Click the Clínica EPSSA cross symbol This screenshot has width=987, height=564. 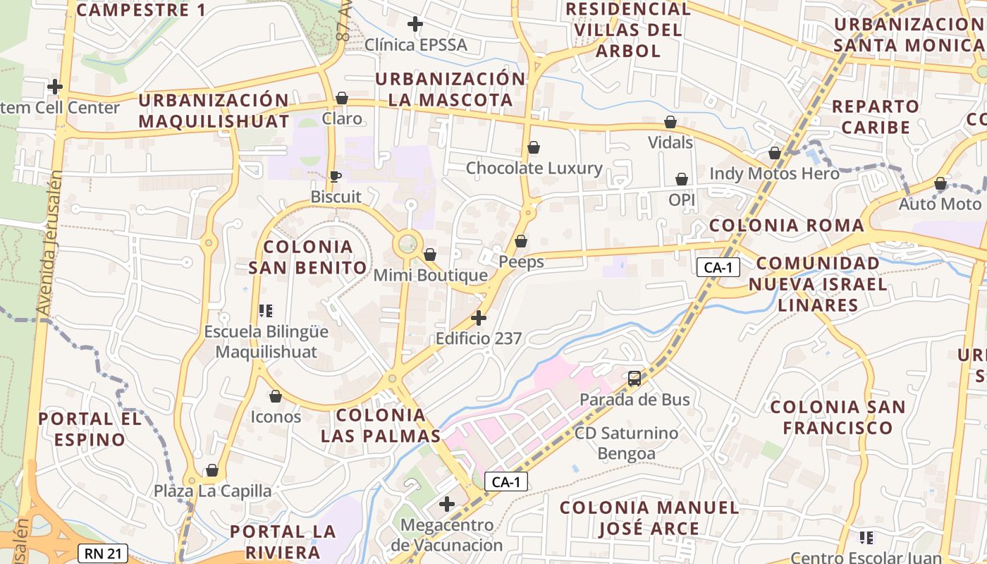415,25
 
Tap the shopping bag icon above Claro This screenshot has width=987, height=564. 342,98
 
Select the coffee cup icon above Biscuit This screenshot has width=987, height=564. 336,176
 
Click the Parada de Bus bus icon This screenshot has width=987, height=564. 634,379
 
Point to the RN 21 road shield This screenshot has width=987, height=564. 104,553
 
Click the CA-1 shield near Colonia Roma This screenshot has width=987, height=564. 718,267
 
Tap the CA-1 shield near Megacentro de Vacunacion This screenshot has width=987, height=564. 506,482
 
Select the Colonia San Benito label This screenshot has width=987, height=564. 308,257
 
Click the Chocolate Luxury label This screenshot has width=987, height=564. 534,168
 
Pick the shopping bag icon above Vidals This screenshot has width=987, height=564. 670,123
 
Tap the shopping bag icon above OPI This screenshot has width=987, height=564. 682,180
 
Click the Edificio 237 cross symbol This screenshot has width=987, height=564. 479,318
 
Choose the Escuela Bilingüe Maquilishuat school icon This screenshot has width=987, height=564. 266,310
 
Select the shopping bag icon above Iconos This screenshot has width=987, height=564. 276,397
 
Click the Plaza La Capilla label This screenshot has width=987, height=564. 213,491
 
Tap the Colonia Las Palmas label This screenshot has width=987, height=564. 381,425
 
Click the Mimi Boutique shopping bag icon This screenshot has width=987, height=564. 429,255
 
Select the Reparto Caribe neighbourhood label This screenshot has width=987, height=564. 876,117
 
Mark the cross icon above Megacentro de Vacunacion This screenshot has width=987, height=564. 447,504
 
